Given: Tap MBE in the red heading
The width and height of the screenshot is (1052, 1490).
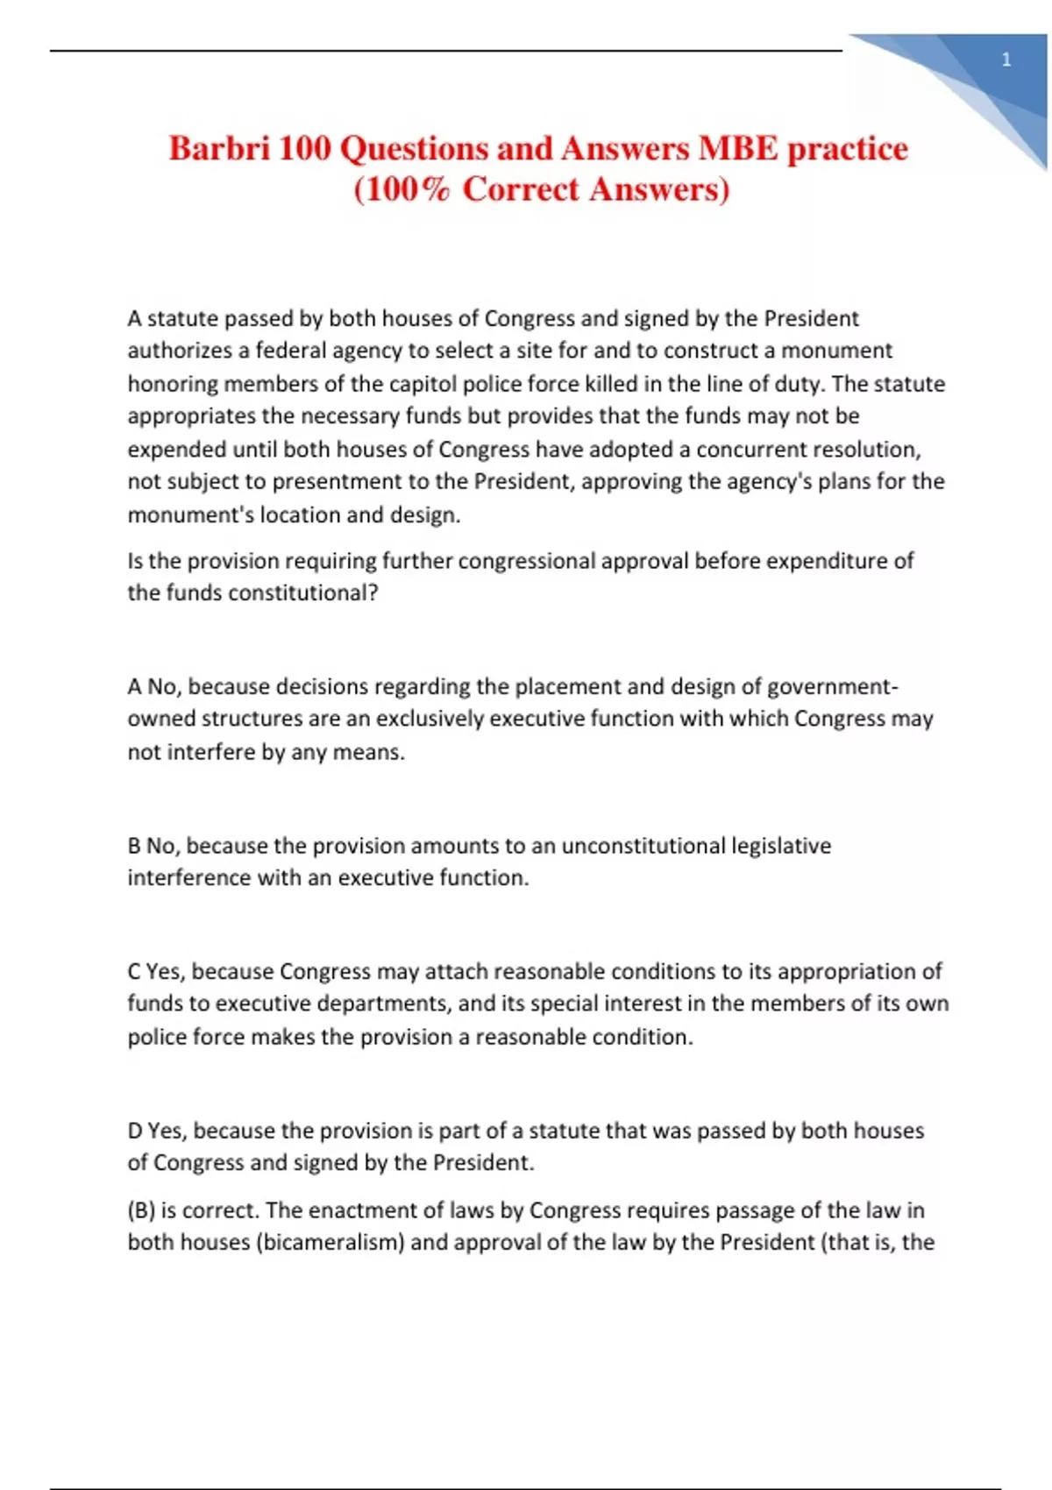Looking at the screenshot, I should (x=737, y=148).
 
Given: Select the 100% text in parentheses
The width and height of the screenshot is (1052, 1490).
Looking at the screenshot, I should (x=401, y=189).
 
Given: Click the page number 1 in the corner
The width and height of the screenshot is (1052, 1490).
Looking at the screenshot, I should (x=1006, y=60).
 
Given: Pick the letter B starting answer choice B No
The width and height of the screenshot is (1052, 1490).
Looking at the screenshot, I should (x=134, y=846).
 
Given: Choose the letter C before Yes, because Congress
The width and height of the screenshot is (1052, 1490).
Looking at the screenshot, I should (x=134, y=971).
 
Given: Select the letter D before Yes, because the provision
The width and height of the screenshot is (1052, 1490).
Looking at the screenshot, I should (x=135, y=1131).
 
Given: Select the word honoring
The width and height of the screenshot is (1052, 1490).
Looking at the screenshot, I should (x=173, y=384).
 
